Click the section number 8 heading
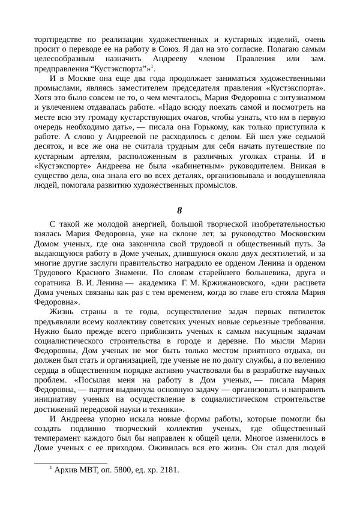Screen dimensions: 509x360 pyautogui.click(x=180, y=210)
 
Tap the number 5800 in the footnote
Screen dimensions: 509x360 pyautogui.click(x=121, y=470)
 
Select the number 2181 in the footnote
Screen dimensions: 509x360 pyautogui.click(x=167, y=470)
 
